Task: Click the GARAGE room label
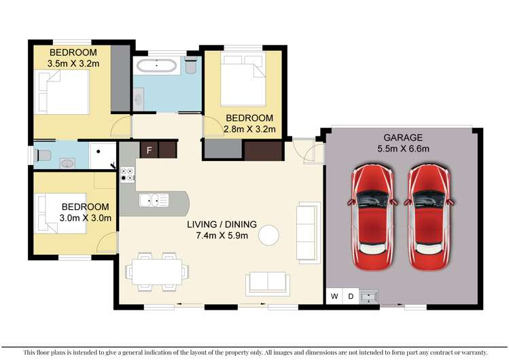pyautogui.click(x=403, y=137)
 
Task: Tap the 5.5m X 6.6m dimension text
pyautogui.click(x=403, y=149)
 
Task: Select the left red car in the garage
pyautogui.click(x=372, y=217)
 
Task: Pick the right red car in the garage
pyautogui.click(x=429, y=217)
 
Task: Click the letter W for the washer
pyautogui.click(x=334, y=296)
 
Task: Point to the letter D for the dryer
pyautogui.click(x=351, y=296)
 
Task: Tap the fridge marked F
pyautogui.click(x=149, y=150)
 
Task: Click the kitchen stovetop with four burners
pyautogui.click(x=127, y=175)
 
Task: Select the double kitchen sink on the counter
pyautogui.click(x=154, y=200)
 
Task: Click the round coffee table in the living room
pyautogui.click(x=269, y=235)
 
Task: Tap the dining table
pyautogui.click(x=157, y=272)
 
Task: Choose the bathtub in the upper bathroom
pyautogui.click(x=156, y=65)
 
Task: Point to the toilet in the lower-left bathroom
pyautogui.click(x=42, y=156)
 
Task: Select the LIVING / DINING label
pyautogui.click(x=222, y=224)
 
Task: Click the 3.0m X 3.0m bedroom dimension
pyautogui.click(x=86, y=218)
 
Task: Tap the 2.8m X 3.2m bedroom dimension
pyautogui.click(x=249, y=129)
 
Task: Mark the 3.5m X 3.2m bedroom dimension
pyautogui.click(x=73, y=64)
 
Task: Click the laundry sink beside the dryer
pyautogui.click(x=368, y=296)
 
